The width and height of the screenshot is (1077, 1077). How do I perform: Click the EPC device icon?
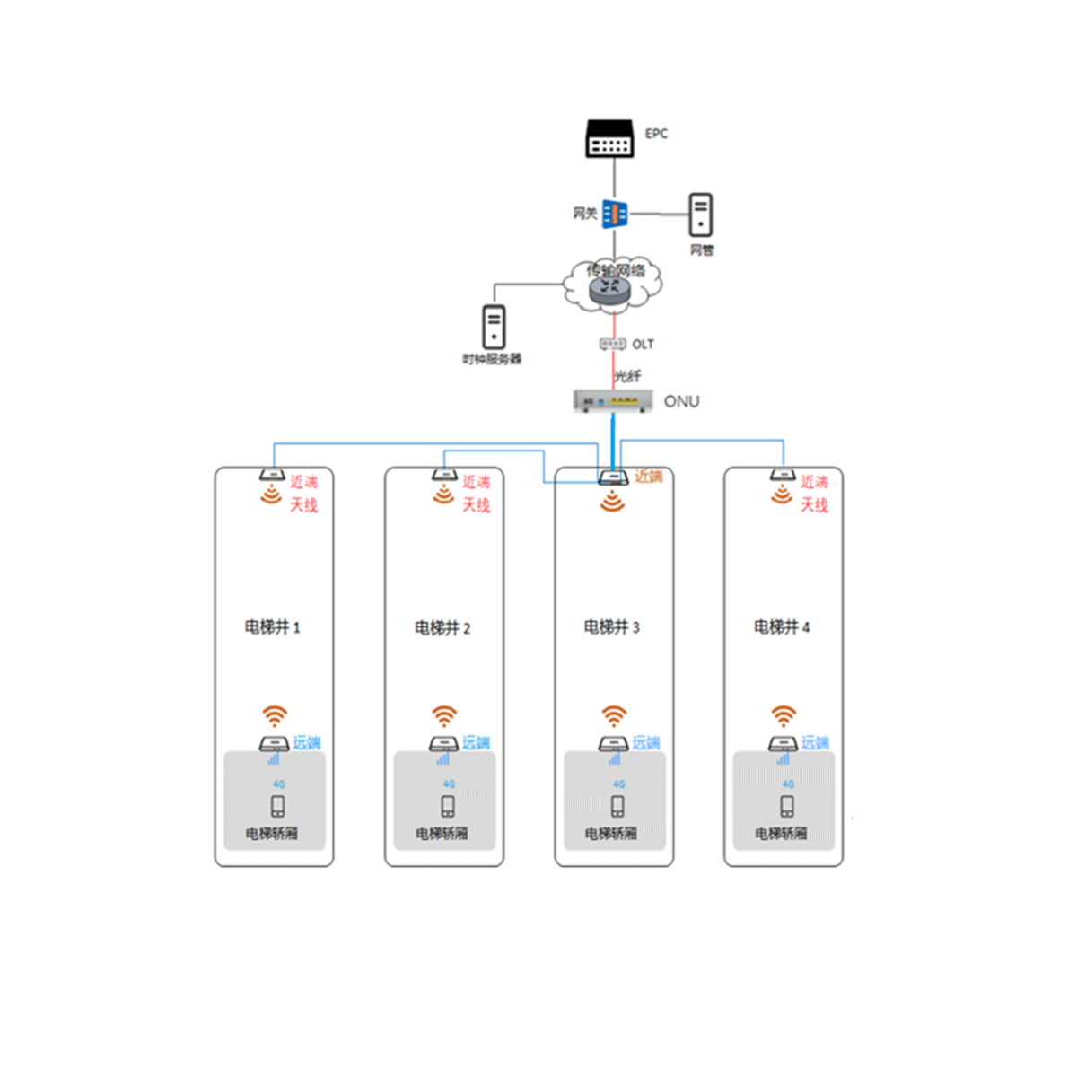610,139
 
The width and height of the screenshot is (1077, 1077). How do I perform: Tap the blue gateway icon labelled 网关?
615,214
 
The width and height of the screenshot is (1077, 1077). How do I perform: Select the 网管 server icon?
701,215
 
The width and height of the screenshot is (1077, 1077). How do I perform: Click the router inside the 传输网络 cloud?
610,289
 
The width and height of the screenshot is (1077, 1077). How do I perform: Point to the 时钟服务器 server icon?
494,327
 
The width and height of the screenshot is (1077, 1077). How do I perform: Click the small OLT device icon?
612,345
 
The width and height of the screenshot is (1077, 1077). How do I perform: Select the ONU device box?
613,401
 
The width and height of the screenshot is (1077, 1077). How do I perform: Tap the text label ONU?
681,401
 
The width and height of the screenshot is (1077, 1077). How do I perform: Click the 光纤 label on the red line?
627,375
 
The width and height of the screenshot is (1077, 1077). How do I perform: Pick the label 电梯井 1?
272,627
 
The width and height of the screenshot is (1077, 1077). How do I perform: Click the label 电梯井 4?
781,627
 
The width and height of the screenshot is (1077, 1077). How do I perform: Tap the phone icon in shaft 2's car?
448,806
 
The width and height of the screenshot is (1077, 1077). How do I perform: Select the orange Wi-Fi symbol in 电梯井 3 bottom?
614,715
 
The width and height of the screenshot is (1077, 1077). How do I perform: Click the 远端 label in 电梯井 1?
307,742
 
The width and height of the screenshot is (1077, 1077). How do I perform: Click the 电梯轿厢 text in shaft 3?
611,834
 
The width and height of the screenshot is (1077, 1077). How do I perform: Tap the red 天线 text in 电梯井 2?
476,505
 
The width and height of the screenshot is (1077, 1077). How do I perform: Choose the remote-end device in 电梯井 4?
783,743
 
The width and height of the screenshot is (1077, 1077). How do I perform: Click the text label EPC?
656,134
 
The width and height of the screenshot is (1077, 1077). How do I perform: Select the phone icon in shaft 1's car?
278,806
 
